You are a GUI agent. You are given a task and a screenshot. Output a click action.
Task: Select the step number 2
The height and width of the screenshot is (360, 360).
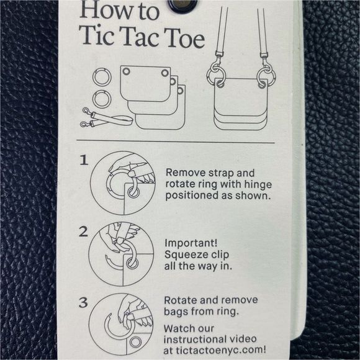pyautogui.click(x=83, y=232)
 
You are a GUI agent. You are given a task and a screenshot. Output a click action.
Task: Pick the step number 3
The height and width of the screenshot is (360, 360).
pyautogui.click(x=83, y=304)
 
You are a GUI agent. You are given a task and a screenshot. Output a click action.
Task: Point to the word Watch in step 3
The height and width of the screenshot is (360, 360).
pyautogui.click(x=181, y=327)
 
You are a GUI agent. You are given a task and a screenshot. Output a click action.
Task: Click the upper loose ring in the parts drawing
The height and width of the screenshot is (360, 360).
pyautogui.click(x=101, y=78)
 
